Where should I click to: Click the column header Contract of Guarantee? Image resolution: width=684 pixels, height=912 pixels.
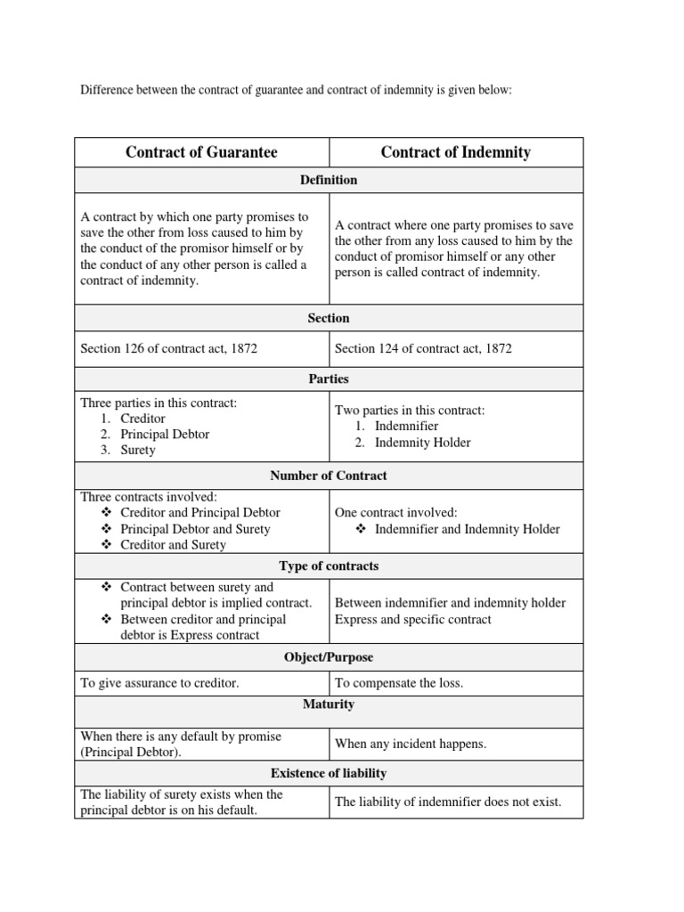pyautogui.click(x=201, y=152)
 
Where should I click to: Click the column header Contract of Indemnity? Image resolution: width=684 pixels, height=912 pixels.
pyautogui.click(x=455, y=152)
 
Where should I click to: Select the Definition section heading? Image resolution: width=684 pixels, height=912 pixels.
pyautogui.click(x=328, y=180)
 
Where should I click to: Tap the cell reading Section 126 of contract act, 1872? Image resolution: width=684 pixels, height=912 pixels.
pyautogui.click(x=169, y=348)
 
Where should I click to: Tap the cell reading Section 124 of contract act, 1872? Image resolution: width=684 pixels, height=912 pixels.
pyautogui.click(x=423, y=348)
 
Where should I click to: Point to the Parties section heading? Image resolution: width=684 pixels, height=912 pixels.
pyautogui.click(x=328, y=379)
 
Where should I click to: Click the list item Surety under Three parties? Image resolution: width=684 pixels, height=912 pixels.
pyautogui.click(x=137, y=450)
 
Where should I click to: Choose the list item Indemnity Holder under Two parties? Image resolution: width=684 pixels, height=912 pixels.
pyautogui.click(x=422, y=443)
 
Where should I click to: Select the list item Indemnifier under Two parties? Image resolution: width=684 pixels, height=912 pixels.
pyautogui.click(x=406, y=427)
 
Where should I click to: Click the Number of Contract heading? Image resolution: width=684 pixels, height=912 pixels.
pyautogui.click(x=328, y=476)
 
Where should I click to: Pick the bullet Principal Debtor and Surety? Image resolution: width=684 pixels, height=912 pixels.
pyautogui.click(x=195, y=529)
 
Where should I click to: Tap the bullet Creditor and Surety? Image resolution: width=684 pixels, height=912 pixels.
pyautogui.click(x=173, y=545)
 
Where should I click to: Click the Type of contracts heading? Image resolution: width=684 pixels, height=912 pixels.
pyautogui.click(x=328, y=566)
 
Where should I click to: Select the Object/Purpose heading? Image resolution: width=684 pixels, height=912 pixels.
pyautogui.click(x=328, y=657)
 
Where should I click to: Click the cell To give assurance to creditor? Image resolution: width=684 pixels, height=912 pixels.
pyautogui.click(x=159, y=683)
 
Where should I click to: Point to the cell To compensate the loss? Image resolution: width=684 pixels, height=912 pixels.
pyautogui.click(x=399, y=683)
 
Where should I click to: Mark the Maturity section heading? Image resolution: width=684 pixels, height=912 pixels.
pyautogui.click(x=328, y=704)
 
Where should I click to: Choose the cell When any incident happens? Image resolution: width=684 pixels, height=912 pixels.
pyautogui.click(x=411, y=744)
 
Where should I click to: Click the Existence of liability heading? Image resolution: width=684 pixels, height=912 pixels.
pyautogui.click(x=328, y=773)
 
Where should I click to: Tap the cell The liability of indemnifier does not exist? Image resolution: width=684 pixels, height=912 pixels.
pyautogui.click(x=448, y=802)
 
